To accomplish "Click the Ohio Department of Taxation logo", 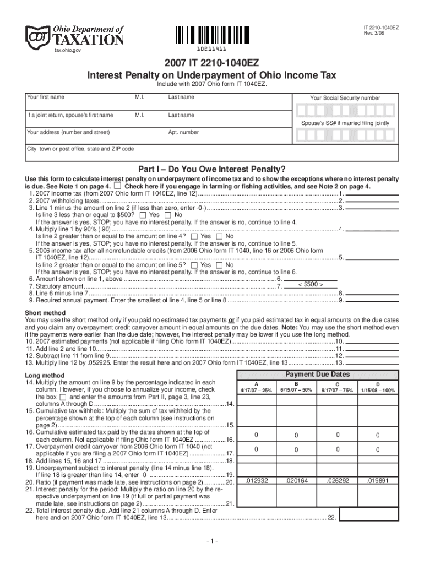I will click(x=75, y=36).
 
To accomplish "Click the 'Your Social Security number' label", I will click(x=345, y=98).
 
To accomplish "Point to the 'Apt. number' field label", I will click(x=183, y=133).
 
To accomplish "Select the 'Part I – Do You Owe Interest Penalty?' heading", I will click(x=211, y=169).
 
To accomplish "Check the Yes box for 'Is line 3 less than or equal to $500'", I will click(x=144, y=215).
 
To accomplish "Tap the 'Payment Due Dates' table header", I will click(x=317, y=375).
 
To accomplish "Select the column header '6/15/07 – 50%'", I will click(x=296, y=391).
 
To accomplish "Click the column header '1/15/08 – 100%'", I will click(x=378, y=391).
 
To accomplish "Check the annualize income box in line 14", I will click(x=63, y=397).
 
